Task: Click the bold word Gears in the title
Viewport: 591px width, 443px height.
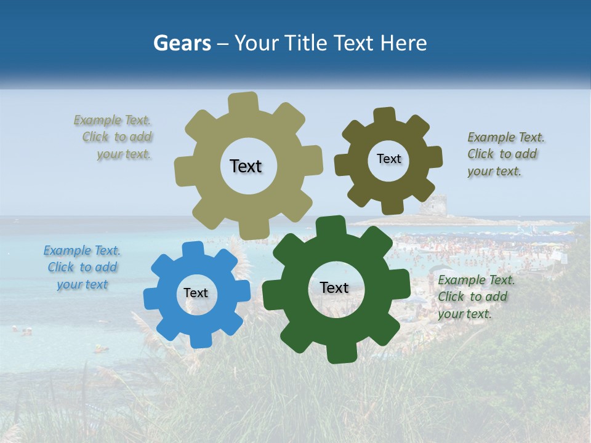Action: [x=182, y=43]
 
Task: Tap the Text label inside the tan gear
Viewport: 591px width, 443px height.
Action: [x=246, y=166]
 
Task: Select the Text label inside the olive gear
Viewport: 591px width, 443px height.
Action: [x=388, y=159]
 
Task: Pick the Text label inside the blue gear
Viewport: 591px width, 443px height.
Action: [x=196, y=293]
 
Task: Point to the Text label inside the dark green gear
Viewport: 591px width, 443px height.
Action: [x=334, y=287]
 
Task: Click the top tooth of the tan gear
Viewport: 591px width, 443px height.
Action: [x=243, y=102]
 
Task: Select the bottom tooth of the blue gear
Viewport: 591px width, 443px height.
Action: [x=198, y=339]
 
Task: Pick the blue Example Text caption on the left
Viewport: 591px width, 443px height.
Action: [x=82, y=267]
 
